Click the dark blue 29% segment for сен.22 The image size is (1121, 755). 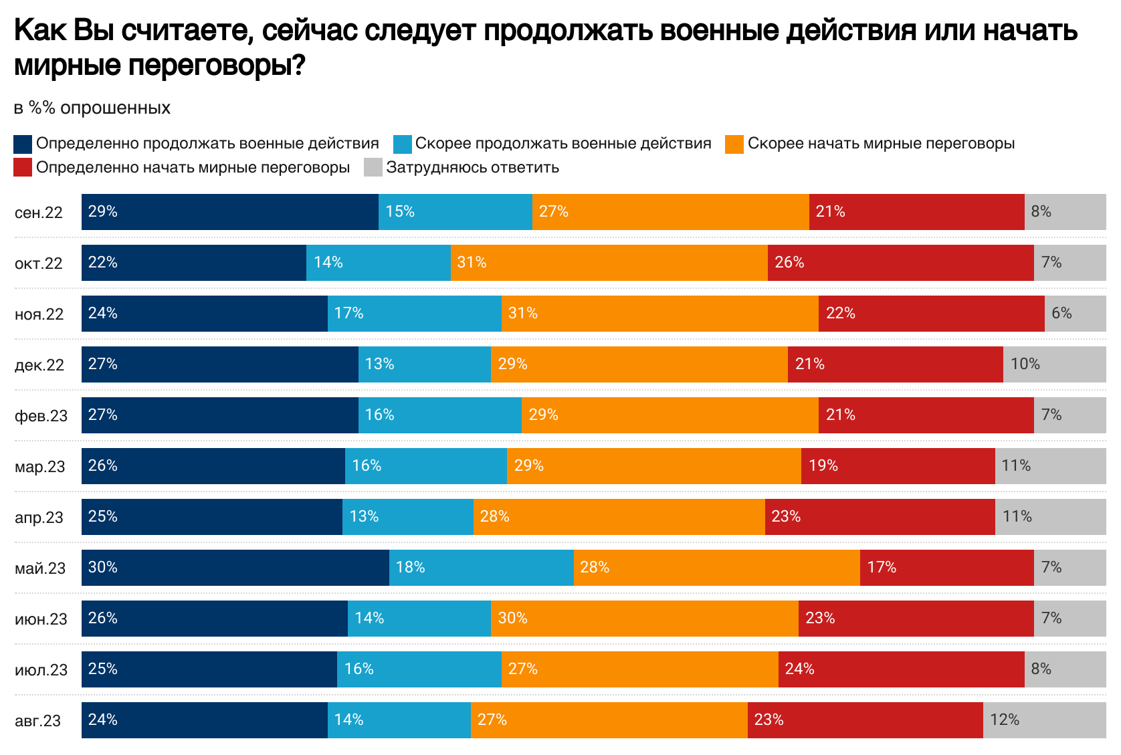(x=230, y=212)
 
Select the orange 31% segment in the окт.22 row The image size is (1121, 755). (x=609, y=263)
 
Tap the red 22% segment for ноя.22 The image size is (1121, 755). (x=931, y=314)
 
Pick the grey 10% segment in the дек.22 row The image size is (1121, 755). (x=1054, y=364)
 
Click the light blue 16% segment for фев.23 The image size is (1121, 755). (x=439, y=415)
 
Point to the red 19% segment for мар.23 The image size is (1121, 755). (x=898, y=466)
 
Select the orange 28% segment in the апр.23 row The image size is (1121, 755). (x=619, y=517)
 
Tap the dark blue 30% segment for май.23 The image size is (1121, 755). (x=235, y=568)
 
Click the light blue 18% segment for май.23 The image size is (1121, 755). (x=481, y=568)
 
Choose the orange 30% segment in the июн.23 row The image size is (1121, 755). (x=644, y=619)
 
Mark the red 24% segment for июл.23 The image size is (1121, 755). (x=901, y=669)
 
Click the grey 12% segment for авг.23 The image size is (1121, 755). (x=1044, y=720)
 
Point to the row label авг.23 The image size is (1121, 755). (x=37, y=721)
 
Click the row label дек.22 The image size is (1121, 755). (x=39, y=365)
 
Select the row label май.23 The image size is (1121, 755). (x=40, y=568)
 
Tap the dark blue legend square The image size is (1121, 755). (x=23, y=144)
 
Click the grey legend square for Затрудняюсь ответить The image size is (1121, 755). (x=373, y=168)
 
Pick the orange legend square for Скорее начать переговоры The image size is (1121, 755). (x=734, y=144)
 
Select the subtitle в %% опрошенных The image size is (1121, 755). (x=92, y=108)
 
